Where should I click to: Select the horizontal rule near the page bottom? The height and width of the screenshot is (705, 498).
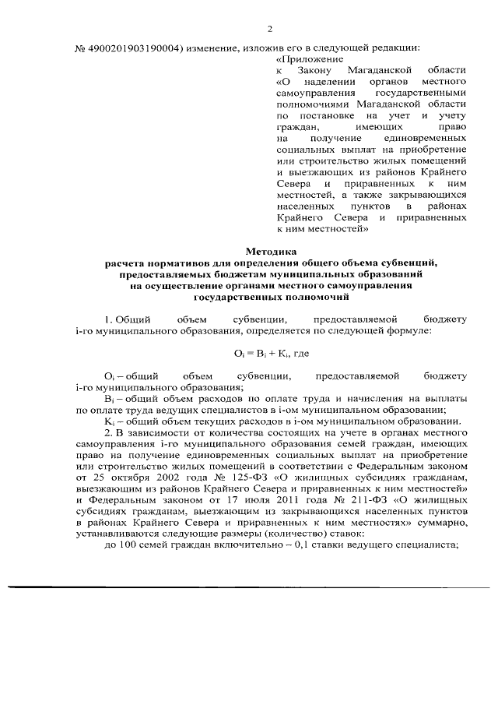(x=249, y=587)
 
